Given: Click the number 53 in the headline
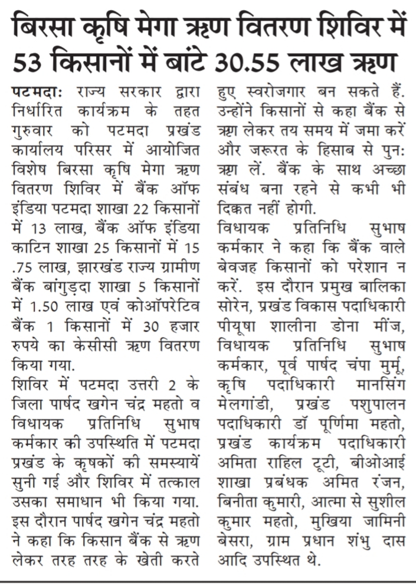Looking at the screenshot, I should click(28, 60).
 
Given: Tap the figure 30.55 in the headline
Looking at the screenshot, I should click(246, 60).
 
